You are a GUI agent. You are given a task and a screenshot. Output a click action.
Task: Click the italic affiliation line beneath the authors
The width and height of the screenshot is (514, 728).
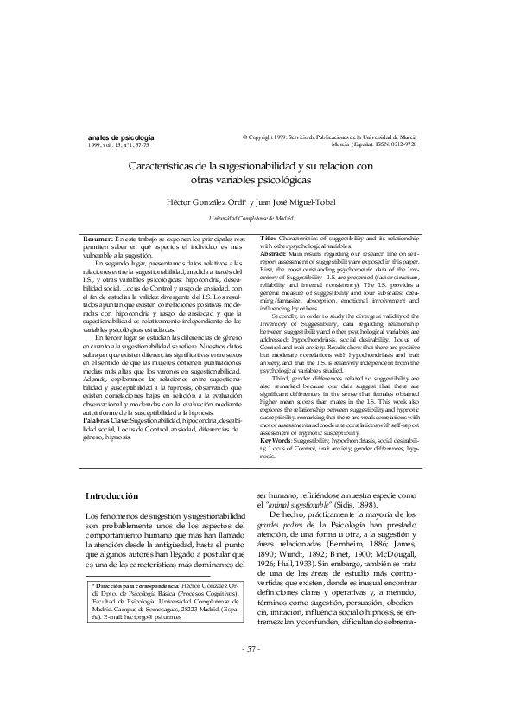(x=257, y=220)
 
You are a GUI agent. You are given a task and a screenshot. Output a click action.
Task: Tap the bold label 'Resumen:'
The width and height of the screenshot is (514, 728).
(x=98, y=238)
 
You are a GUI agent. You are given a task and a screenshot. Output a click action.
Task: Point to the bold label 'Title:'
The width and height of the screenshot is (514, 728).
(x=269, y=238)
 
